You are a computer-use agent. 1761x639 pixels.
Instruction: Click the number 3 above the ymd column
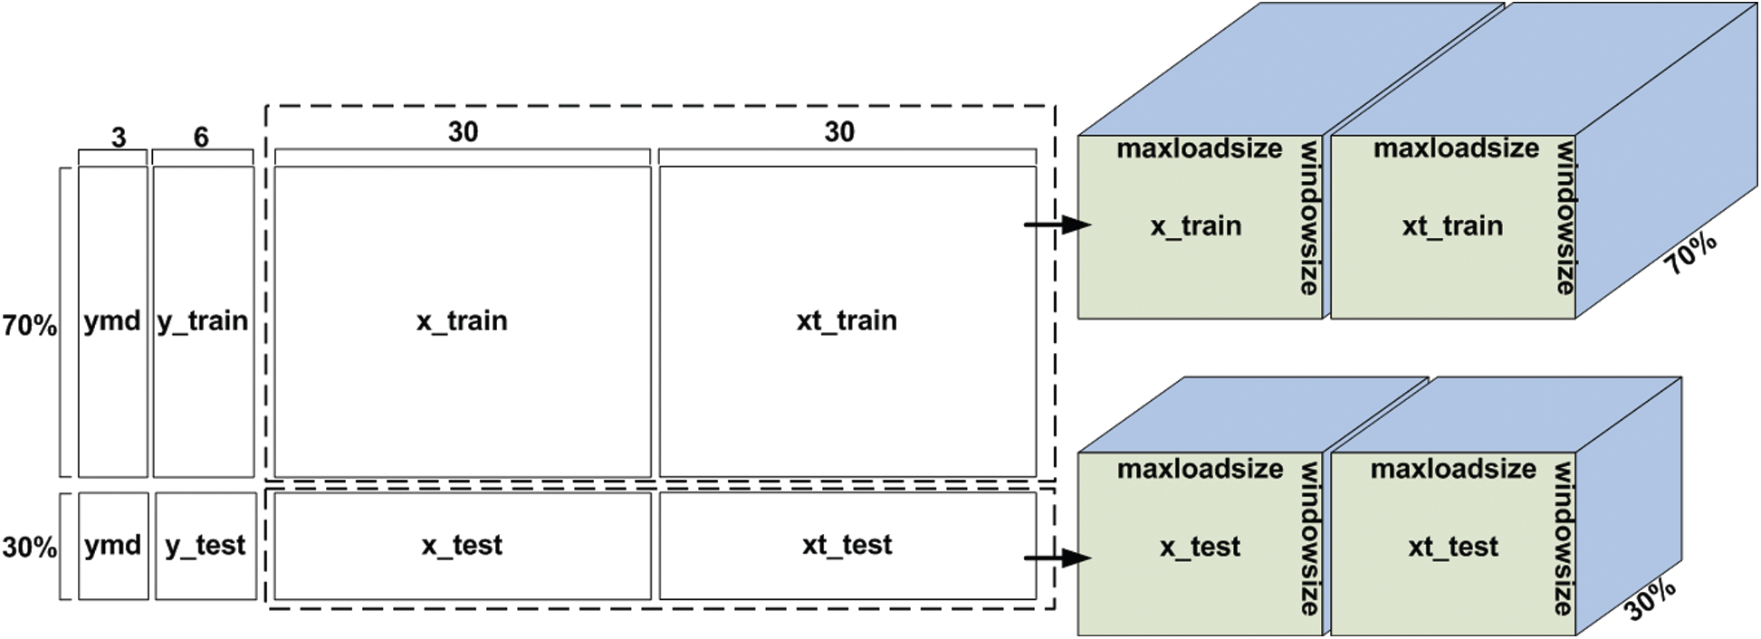(119, 138)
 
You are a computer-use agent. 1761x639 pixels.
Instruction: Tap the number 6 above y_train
(201, 137)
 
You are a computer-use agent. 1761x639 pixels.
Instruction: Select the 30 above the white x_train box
(463, 132)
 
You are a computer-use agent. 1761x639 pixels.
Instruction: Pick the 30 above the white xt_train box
(839, 132)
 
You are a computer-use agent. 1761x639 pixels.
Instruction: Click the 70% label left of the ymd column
(30, 325)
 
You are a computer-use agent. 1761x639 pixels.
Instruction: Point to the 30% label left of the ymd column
(30, 548)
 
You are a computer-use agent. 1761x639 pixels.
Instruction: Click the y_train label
(203, 321)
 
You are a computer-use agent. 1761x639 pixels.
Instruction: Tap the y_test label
(206, 546)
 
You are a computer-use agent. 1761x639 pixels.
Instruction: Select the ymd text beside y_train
(112, 321)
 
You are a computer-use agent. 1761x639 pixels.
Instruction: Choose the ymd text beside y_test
(112, 546)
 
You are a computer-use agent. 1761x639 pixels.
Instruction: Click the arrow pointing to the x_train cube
(1058, 224)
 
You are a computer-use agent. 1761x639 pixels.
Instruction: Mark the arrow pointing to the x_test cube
(1058, 558)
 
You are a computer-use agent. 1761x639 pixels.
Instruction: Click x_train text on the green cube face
(1196, 226)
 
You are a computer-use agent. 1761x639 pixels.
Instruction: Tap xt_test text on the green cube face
(1453, 547)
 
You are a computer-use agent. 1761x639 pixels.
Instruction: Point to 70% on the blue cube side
(1691, 253)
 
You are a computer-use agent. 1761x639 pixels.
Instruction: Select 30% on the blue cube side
(1651, 599)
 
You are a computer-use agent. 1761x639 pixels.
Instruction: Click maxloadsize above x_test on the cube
(1200, 469)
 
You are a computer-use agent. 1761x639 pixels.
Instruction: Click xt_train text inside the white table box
(847, 320)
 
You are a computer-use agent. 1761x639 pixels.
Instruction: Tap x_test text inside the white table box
(462, 546)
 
